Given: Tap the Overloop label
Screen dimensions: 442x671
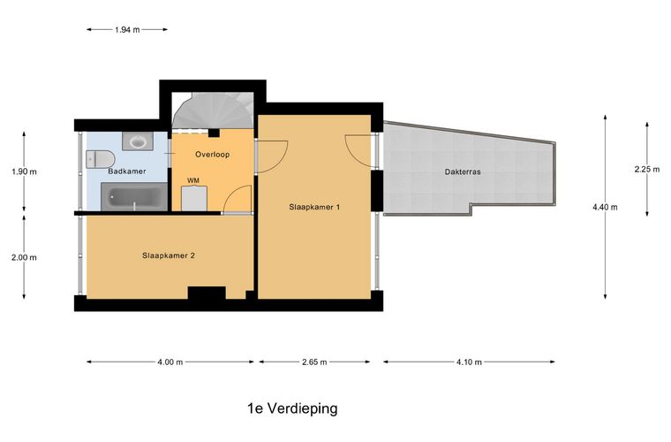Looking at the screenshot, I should [212, 154].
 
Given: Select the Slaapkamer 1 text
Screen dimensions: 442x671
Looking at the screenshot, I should [314, 207].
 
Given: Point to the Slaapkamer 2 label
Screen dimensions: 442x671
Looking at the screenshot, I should [168, 255].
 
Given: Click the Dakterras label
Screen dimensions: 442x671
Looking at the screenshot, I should [463, 171].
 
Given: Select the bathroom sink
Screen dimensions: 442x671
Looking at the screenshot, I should [138, 141].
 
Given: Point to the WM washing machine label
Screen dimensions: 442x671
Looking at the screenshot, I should [192, 180].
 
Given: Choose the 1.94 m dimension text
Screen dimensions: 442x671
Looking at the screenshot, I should [127, 29].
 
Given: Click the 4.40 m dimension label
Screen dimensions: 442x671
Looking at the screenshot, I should [605, 208].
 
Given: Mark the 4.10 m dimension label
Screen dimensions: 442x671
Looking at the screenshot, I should [469, 362].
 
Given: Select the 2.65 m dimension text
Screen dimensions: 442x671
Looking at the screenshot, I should [313, 362].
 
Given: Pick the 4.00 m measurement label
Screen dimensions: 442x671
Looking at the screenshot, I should [170, 362].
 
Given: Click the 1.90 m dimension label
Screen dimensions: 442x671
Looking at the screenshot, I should [22, 171].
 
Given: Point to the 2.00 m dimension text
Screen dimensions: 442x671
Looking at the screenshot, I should [22, 258].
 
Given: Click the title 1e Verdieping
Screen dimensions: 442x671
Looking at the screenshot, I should [292, 408].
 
